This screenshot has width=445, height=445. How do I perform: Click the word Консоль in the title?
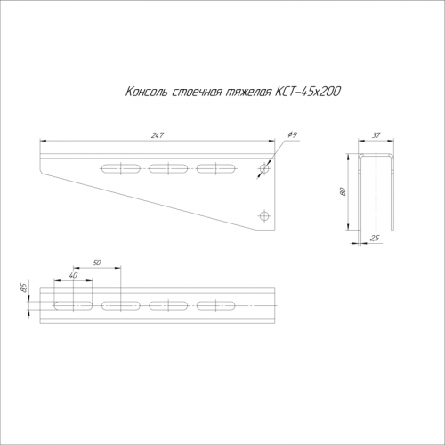146,92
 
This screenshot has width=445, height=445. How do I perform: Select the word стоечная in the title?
197,93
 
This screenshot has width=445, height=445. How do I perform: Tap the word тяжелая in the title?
248,93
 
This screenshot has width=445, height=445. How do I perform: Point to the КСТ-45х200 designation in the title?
308,92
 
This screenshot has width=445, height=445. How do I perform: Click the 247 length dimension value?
158,135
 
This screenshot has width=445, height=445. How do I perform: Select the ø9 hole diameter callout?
292,135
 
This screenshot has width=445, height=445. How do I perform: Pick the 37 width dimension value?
376,135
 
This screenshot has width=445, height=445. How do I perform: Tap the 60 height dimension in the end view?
344,191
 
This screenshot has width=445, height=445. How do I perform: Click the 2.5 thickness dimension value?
375,238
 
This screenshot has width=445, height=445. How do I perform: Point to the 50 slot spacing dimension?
97,263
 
